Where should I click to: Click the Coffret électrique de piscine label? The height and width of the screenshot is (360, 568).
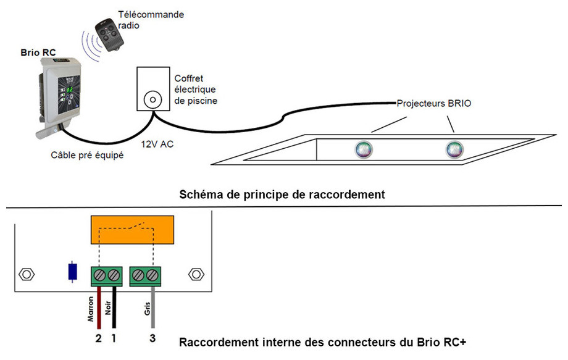pos(196,90)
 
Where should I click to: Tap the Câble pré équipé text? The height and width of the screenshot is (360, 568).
pos(87,155)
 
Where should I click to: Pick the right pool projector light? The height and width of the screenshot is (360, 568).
pos(454,149)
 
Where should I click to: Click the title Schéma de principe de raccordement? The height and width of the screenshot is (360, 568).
pos(282,195)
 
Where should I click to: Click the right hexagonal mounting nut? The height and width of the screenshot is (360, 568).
pos(196,274)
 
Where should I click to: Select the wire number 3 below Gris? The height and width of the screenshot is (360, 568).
pos(152,338)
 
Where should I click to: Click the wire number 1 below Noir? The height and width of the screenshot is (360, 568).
pos(114,338)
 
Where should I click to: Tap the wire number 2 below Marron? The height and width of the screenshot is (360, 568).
pos(98,338)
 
